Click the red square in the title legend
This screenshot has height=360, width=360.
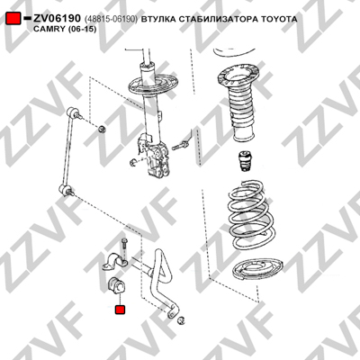click(13, 19)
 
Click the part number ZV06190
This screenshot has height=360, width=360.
click(57, 19)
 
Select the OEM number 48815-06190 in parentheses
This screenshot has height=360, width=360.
click(111, 19)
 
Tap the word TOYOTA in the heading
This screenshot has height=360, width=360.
click(280, 19)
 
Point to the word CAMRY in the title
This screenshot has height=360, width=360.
click(47, 29)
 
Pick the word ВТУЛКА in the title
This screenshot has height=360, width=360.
click(158, 19)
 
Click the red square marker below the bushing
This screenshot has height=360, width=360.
click(121, 310)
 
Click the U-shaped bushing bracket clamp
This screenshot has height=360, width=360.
click(115, 262)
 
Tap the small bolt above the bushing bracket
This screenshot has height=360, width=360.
click(124, 246)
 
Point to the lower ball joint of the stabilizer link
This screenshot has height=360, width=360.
click(65, 190)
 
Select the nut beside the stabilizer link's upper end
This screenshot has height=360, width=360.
click(102, 129)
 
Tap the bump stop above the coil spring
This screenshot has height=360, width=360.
click(246, 161)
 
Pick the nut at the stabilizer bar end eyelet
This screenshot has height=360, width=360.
click(181, 320)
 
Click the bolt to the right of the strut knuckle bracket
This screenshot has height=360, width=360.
click(179, 146)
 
